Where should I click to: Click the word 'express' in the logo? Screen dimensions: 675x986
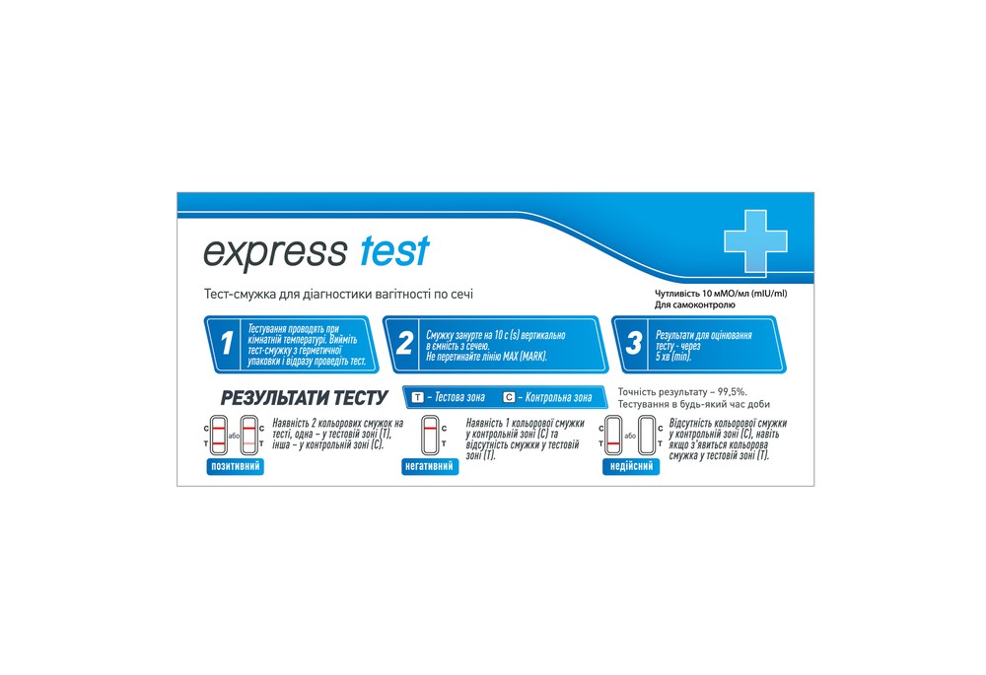pyautogui.click(x=274, y=252)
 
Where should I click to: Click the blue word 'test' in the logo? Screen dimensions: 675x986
pyautogui.click(x=394, y=251)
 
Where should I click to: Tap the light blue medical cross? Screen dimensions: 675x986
pyautogui.click(x=756, y=240)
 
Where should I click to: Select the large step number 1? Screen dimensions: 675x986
pyautogui.click(x=227, y=344)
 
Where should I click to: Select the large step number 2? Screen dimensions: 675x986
pyautogui.click(x=404, y=344)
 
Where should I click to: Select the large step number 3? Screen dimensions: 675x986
pyautogui.click(x=633, y=344)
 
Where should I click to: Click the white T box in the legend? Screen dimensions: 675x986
pyautogui.click(x=417, y=397)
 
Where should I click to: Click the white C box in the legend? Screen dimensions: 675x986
pyautogui.click(x=509, y=397)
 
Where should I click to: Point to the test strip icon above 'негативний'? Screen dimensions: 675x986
pyautogui.click(x=430, y=436)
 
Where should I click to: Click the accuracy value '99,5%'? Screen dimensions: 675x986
pyautogui.click(x=728, y=391)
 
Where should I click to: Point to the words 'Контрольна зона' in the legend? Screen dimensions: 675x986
pyautogui.click(x=557, y=397)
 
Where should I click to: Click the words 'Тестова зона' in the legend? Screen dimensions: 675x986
pyautogui.click(x=456, y=397)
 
